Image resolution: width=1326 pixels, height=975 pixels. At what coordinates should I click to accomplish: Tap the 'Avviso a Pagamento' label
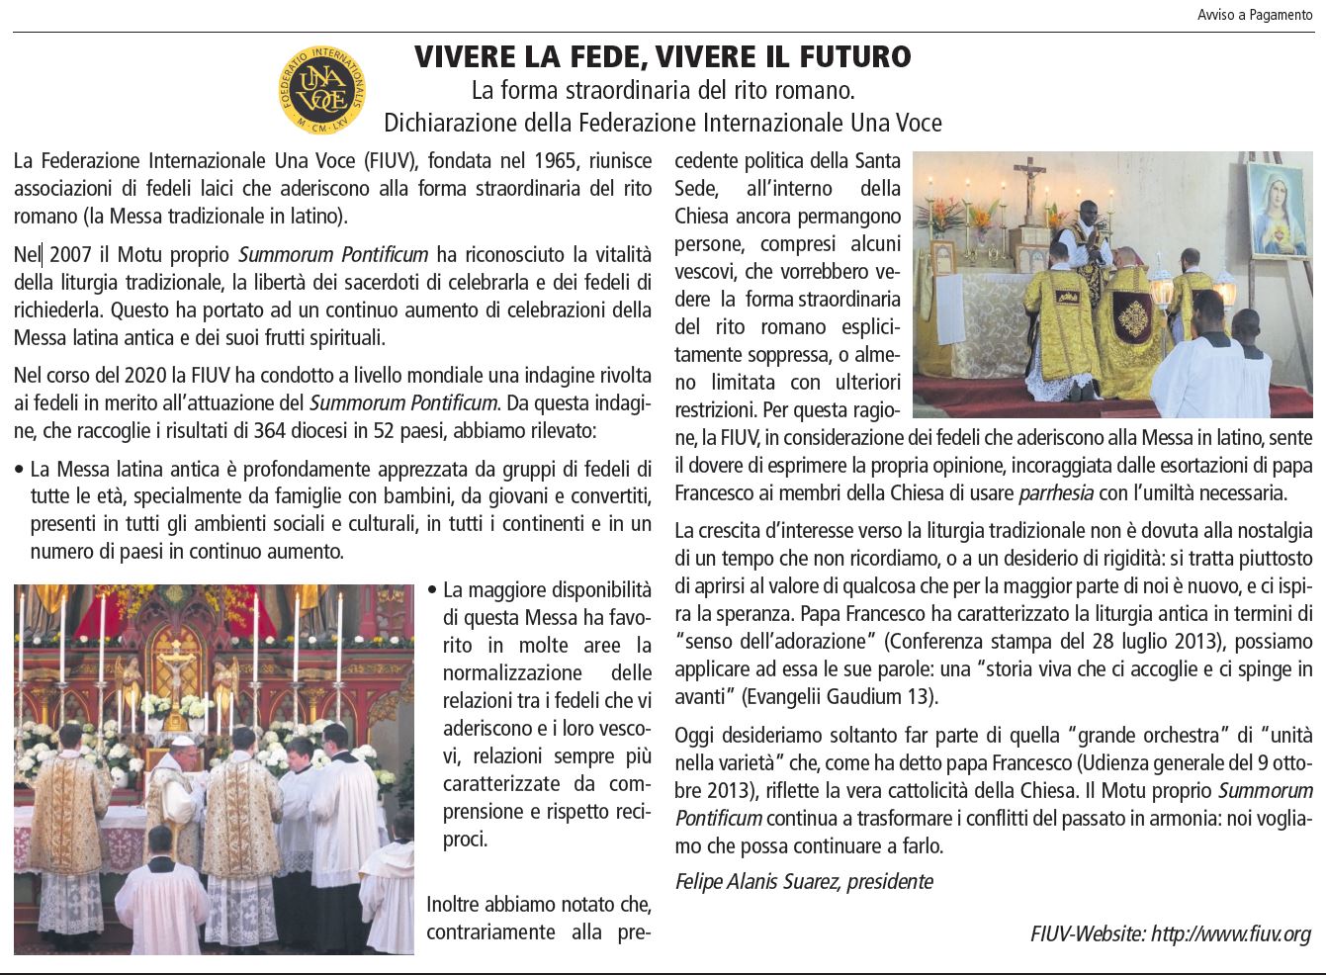click(x=1254, y=15)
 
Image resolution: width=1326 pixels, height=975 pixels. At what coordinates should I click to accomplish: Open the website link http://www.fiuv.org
click(x=1230, y=933)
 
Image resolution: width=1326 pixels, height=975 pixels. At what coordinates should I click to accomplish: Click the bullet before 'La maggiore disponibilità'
click(x=432, y=590)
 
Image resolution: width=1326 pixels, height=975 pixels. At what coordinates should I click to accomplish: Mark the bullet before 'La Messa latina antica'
click(x=20, y=469)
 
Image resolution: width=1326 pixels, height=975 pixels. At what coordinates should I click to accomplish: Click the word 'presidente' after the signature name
click(x=890, y=881)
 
